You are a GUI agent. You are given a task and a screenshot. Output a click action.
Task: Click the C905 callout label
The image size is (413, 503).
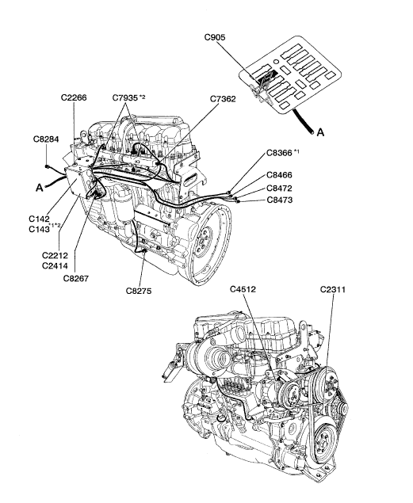pyautogui.click(x=215, y=37)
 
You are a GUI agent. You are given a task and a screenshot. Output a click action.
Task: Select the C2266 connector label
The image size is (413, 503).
pyautogui.click(x=74, y=97)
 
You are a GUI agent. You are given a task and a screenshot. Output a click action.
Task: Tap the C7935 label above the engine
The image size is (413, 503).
pyautogui.click(x=125, y=97)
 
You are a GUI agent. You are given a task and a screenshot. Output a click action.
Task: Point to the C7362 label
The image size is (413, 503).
pyautogui.click(x=223, y=99)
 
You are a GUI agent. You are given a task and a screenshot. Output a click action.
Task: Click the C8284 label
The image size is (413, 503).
pyautogui.click(x=46, y=139)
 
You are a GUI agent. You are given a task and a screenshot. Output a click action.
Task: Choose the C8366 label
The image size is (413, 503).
pyautogui.click(x=279, y=153)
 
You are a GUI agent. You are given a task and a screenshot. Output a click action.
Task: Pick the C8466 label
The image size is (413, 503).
pyautogui.click(x=280, y=175)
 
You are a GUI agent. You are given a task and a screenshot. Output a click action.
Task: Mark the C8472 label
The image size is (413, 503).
pyautogui.click(x=280, y=188)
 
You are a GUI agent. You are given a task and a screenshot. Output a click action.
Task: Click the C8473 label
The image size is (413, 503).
pyautogui.click(x=280, y=200)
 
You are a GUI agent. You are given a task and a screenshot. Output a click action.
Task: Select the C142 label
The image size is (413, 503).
pyautogui.click(x=39, y=219)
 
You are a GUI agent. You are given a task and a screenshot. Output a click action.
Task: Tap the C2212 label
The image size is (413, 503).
pyautogui.click(x=55, y=256)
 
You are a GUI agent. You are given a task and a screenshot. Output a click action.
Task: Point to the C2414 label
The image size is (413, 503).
pyautogui.click(x=55, y=266)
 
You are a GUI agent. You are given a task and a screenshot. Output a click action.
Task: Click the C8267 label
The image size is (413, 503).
pyautogui.click(x=76, y=279)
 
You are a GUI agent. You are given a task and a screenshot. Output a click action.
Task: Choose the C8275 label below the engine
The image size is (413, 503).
pyautogui.click(x=139, y=292)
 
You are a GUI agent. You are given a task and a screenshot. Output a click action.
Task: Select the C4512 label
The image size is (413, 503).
pyautogui.click(x=243, y=289)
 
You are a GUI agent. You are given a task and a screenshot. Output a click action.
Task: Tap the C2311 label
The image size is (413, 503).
pyautogui.click(x=333, y=290)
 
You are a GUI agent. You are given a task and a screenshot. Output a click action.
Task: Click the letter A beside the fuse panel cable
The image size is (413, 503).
pyautogui.click(x=320, y=132)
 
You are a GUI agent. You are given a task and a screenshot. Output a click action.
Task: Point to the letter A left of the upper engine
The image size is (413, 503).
pyautogui.click(x=39, y=188)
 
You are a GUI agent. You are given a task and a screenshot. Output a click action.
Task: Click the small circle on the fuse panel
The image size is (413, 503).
pyautogui.click(x=275, y=61)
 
